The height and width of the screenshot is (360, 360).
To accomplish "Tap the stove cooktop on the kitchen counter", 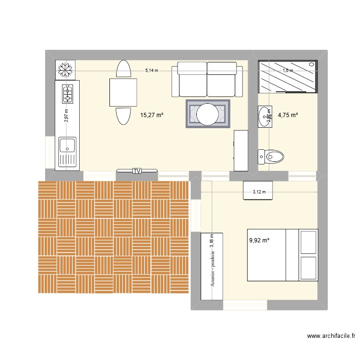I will pos(67,94).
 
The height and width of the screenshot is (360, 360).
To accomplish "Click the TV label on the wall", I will pos(137,171).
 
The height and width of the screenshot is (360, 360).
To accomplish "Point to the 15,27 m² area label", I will pos(152,115).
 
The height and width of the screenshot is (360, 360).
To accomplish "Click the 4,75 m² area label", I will pos(288,115).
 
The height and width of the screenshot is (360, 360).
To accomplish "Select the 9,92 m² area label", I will pos(259,241).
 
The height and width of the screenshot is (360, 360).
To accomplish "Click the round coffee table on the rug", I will pos(208,114).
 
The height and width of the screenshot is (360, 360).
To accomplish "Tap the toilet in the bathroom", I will pos(272,156).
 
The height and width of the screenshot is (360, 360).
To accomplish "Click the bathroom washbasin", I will pos(264,117).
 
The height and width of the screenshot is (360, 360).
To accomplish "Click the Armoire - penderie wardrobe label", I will pos(211,266).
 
